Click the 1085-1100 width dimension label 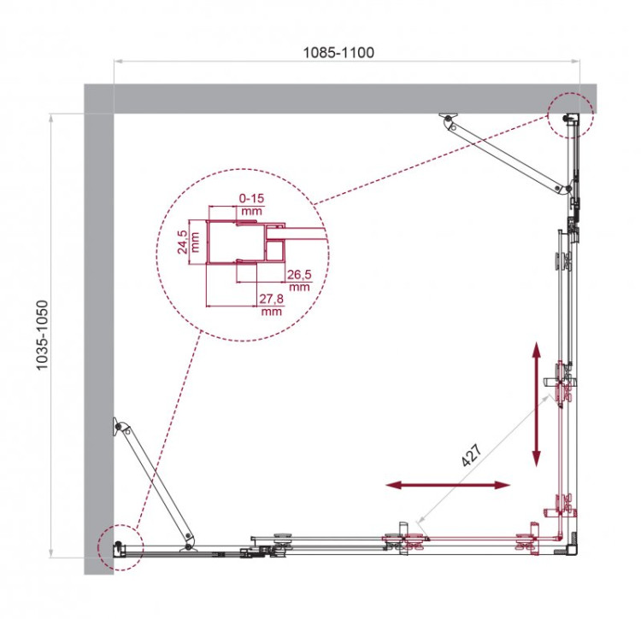point(338,52)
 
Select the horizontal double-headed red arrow point(448,485)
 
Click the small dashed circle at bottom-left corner point(118,546)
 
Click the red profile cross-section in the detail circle point(248,243)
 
